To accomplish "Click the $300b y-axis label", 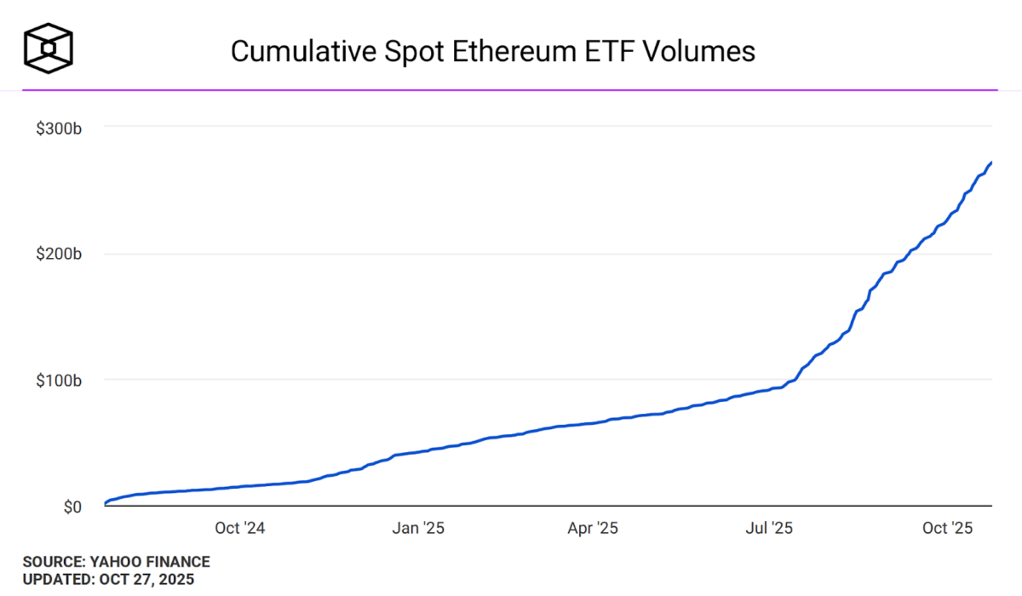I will [x=58, y=128].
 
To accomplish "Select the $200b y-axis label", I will [x=58, y=254].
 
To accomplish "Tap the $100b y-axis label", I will [x=58, y=380].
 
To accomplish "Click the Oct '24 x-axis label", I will [x=241, y=529].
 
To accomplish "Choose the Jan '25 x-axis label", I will [x=417, y=529].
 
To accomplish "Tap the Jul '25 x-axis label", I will [x=768, y=529].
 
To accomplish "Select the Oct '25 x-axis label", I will [x=947, y=529].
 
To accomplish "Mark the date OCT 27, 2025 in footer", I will [x=147, y=580].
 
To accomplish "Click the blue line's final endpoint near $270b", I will [x=991, y=163].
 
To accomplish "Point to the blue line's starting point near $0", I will [x=106, y=502].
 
